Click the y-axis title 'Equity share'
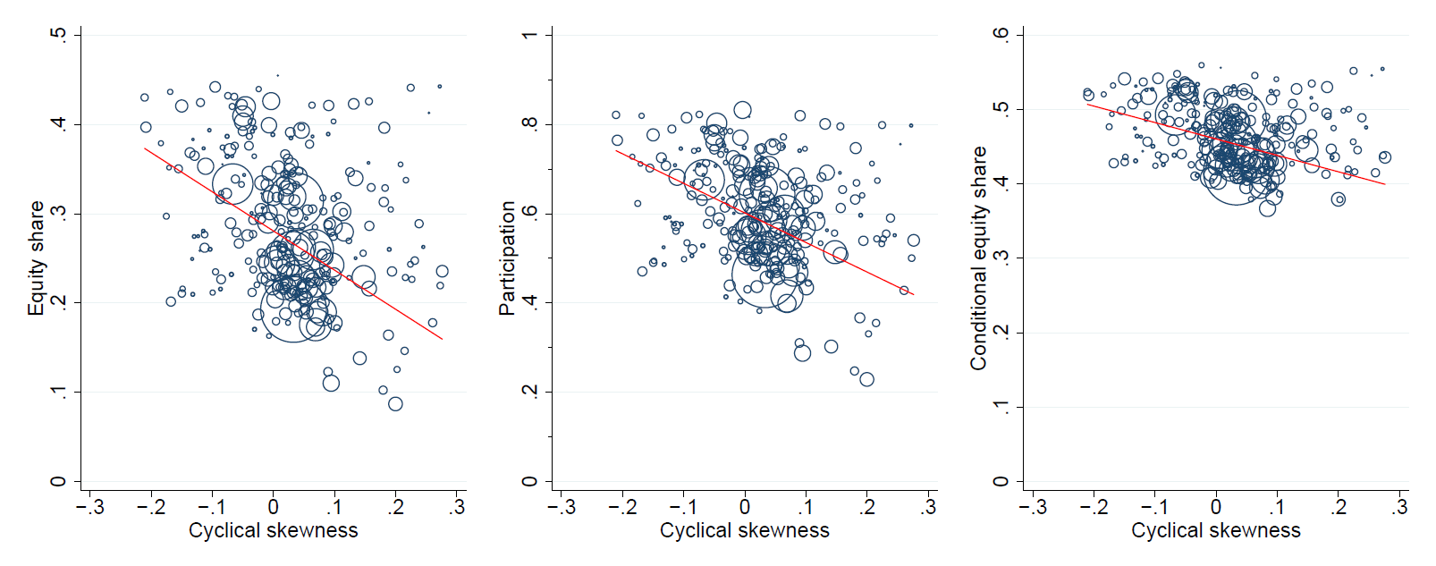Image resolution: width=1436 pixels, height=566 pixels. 36,258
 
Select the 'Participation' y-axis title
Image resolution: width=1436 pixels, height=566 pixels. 507,258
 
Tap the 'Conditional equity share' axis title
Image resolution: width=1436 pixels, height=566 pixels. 978,258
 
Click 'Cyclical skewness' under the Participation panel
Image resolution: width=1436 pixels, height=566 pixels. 744,530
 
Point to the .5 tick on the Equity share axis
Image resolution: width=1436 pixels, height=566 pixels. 59,35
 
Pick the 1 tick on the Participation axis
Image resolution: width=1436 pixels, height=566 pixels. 530,35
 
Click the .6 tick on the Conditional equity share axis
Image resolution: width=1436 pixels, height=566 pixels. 1001,35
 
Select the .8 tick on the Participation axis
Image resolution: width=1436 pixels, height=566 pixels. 530,124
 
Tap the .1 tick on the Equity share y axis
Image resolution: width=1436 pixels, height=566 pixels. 59,392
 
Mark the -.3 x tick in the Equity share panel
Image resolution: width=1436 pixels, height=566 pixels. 89,507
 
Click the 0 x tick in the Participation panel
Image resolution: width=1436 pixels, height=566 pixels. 745,507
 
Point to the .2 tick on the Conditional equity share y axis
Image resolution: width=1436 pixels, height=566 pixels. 1001,333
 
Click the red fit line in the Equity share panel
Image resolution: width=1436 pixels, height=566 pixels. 293,244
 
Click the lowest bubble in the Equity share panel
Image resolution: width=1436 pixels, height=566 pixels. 395,404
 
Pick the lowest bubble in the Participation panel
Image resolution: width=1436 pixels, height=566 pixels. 866,379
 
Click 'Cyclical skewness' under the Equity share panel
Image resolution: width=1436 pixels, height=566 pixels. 273,530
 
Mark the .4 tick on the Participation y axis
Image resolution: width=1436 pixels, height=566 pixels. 530,302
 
